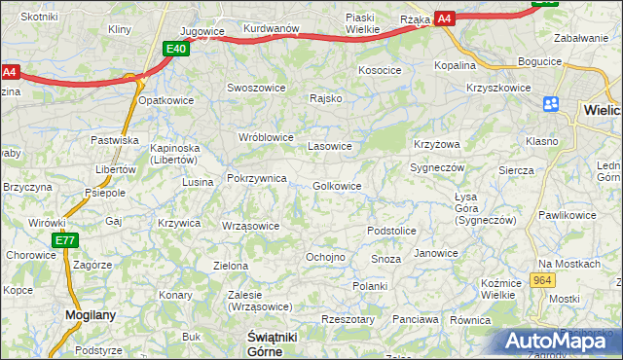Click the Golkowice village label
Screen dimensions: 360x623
click(x=338, y=186)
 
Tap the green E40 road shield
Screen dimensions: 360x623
click(x=175, y=49)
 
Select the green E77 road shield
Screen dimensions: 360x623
click(x=64, y=240)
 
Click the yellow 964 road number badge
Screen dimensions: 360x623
click(x=543, y=280)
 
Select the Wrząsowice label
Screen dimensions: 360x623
click(x=251, y=226)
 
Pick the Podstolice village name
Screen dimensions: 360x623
click(x=391, y=231)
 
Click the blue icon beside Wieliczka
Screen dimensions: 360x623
click(x=551, y=104)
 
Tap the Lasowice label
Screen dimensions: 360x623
click(x=329, y=147)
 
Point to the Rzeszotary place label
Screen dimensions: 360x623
click(x=348, y=319)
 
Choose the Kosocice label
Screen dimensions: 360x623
click(x=380, y=70)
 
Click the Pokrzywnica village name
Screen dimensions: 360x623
click(x=256, y=179)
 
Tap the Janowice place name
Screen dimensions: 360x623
click(x=435, y=253)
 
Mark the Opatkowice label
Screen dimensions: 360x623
click(x=166, y=100)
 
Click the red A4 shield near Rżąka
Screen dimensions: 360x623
click(x=444, y=18)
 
